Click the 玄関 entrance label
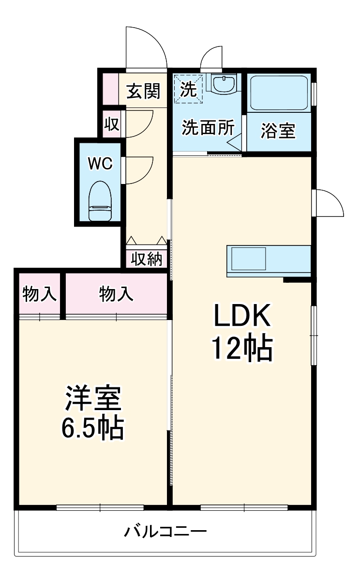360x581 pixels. (x=144, y=91)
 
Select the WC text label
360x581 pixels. (x=100, y=164)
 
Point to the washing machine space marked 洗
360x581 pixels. (x=189, y=89)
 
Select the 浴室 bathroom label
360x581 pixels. (x=278, y=131)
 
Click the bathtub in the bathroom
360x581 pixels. (x=279, y=92)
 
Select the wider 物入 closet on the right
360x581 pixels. (x=116, y=294)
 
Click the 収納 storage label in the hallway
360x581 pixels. (x=147, y=260)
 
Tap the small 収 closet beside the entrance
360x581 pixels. (x=112, y=124)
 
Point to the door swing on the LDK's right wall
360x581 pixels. (x=328, y=203)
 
